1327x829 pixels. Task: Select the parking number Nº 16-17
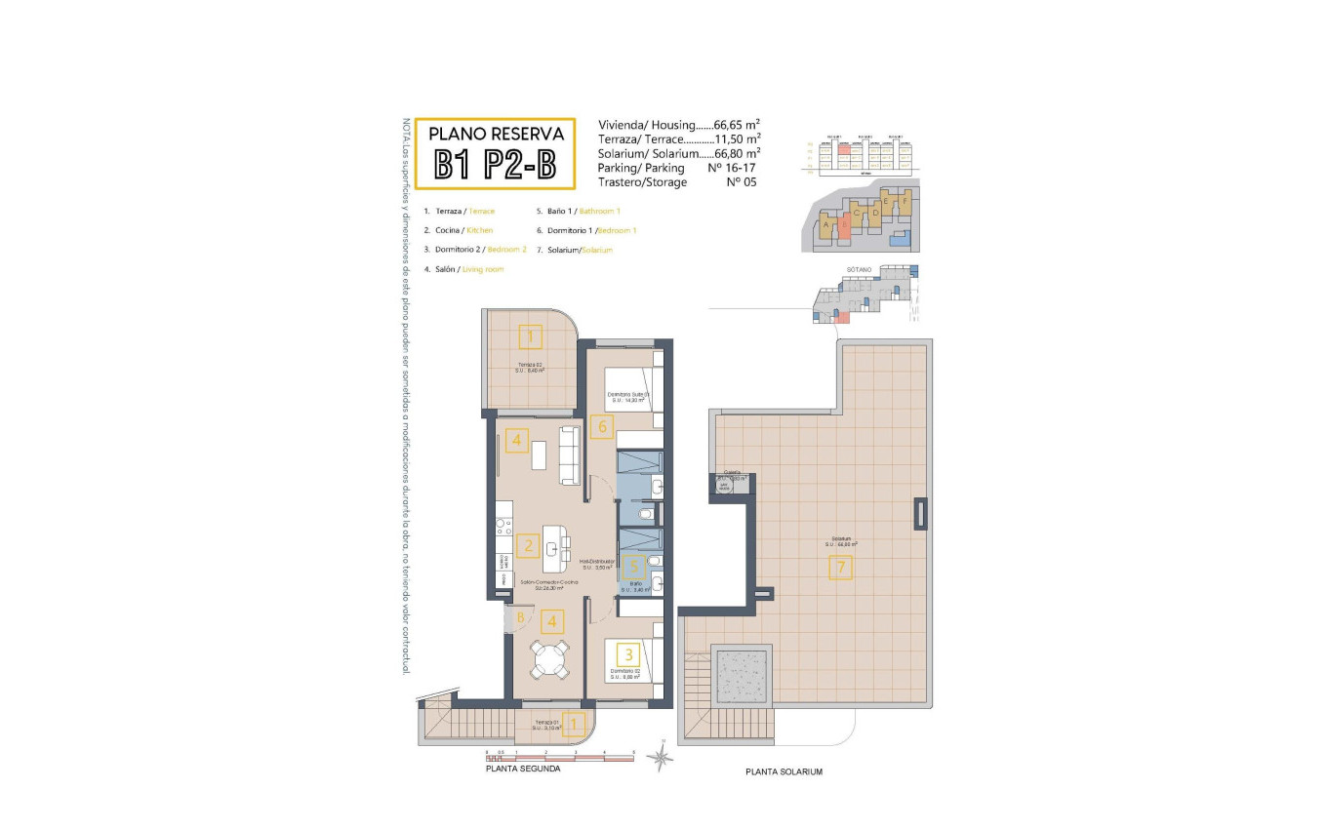(734, 168)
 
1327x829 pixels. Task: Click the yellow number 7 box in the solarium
(840, 567)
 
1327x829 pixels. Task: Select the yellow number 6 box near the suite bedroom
(602, 426)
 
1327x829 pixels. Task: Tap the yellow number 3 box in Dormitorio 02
(630, 654)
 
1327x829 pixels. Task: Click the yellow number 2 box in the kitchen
(528, 545)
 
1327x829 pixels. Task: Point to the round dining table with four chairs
(549, 660)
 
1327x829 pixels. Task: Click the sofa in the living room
(570, 455)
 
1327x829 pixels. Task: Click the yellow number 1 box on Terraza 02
(530, 337)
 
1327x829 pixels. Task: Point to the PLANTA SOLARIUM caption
(784, 771)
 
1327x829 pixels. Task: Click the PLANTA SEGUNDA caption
(523, 769)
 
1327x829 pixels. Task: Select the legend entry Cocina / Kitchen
(459, 230)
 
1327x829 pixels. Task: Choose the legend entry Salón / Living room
(463, 268)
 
